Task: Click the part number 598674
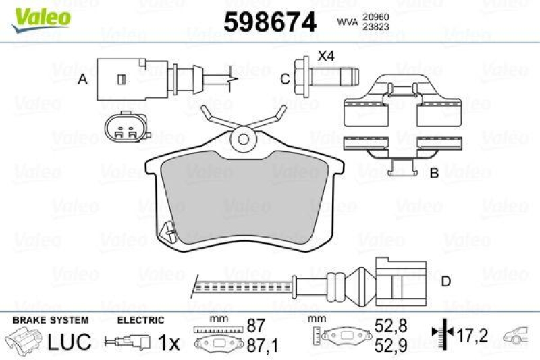pyautogui.click(x=270, y=23)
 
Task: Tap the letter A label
pyautogui.click(x=83, y=80)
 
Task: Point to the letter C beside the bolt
pyautogui.click(x=285, y=79)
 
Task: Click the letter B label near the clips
pyautogui.click(x=435, y=173)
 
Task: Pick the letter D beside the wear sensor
pyautogui.click(x=446, y=281)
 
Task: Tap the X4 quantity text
pyautogui.click(x=327, y=57)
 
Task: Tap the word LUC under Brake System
pyautogui.click(x=69, y=341)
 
